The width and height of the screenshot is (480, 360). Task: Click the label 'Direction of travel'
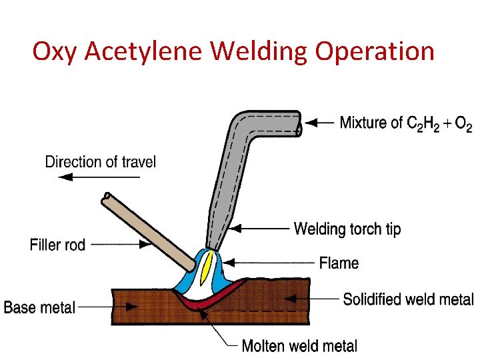tap(100, 162)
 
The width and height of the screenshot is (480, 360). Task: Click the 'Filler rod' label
tap(58, 245)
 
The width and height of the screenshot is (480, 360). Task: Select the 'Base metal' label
tap(39, 308)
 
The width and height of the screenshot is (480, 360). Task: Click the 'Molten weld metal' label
tap(299, 346)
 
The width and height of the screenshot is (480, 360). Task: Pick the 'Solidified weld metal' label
tap(408, 300)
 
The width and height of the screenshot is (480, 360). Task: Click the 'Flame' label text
tap(339, 263)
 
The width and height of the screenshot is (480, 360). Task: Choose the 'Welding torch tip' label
tap(347, 230)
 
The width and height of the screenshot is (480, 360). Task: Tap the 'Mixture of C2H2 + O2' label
tap(405, 123)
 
